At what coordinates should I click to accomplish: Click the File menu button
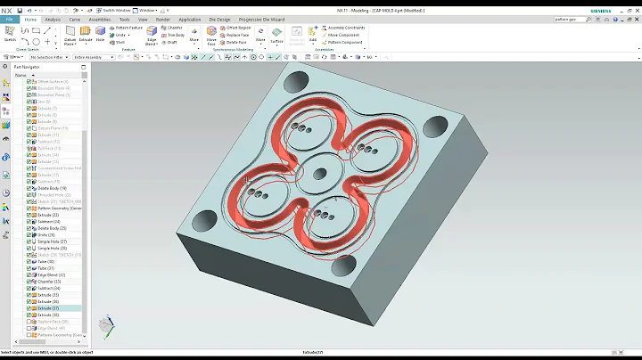[x=8, y=19]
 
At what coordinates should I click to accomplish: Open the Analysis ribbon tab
[x=53, y=19]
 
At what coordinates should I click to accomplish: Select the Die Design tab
[x=219, y=19]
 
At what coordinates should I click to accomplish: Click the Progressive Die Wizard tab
[x=266, y=19]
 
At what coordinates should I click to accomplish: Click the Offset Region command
[x=238, y=28]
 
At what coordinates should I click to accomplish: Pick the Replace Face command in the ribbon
[x=238, y=35]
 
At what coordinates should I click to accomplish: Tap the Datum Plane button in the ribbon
[x=70, y=36]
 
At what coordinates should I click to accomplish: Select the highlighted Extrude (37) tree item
[x=48, y=308]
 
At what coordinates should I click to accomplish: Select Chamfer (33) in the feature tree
[x=48, y=281]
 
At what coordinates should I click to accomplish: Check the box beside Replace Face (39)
[x=31, y=323]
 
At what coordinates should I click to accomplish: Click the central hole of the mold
[x=318, y=170]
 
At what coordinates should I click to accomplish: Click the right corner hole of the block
[x=437, y=127]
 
